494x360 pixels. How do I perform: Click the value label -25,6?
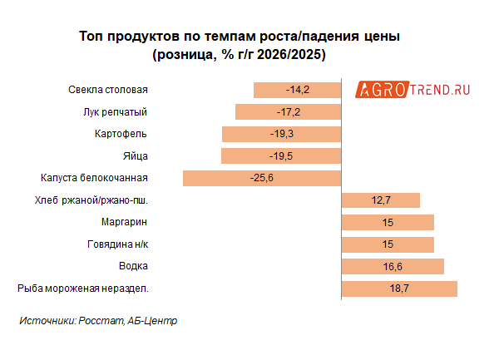261,178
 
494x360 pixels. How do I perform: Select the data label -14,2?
297,90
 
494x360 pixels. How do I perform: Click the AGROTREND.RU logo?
413,90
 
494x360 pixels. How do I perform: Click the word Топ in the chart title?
91,38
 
